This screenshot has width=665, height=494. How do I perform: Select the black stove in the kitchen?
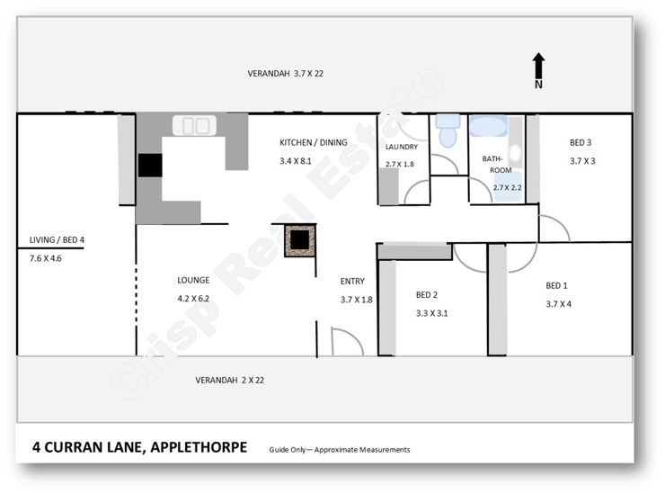(149, 166)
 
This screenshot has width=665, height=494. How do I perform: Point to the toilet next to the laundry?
(447, 130)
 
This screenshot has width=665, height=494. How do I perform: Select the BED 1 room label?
(557, 286)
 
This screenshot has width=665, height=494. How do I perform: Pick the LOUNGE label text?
(193, 280)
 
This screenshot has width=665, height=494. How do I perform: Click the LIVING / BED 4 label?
(57, 240)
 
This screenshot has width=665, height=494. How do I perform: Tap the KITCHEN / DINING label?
(313, 143)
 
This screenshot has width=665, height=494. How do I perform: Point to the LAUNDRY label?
(402, 148)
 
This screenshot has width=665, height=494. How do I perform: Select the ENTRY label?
(352, 281)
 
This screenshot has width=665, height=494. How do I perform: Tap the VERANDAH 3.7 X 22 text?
(285, 74)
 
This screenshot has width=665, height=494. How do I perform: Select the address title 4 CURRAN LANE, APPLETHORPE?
(139, 447)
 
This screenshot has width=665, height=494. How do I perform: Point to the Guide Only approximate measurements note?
(339, 449)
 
